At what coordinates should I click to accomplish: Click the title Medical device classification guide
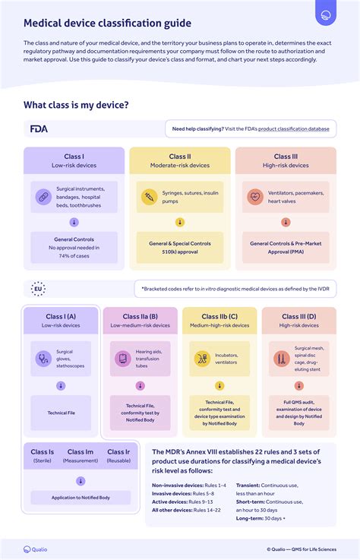[x=107, y=24]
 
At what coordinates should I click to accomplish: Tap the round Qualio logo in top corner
[x=327, y=15]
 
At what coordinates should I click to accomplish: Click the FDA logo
[x=39, y=128]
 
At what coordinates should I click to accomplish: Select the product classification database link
[x=293, y=129]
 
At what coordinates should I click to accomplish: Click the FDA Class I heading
[x=74, y=157]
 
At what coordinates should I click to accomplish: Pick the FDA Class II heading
[x=180, y=157]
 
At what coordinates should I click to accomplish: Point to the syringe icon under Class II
[x=149, y=198]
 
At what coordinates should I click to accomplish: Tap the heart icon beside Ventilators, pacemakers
[x=255, y=198]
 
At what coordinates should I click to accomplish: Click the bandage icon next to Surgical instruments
[x=43, y=198]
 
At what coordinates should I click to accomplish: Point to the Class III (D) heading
[x=299, y=317]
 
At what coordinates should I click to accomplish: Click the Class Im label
[x=81, y=452]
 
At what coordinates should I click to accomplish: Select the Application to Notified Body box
[x=81, y=497]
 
